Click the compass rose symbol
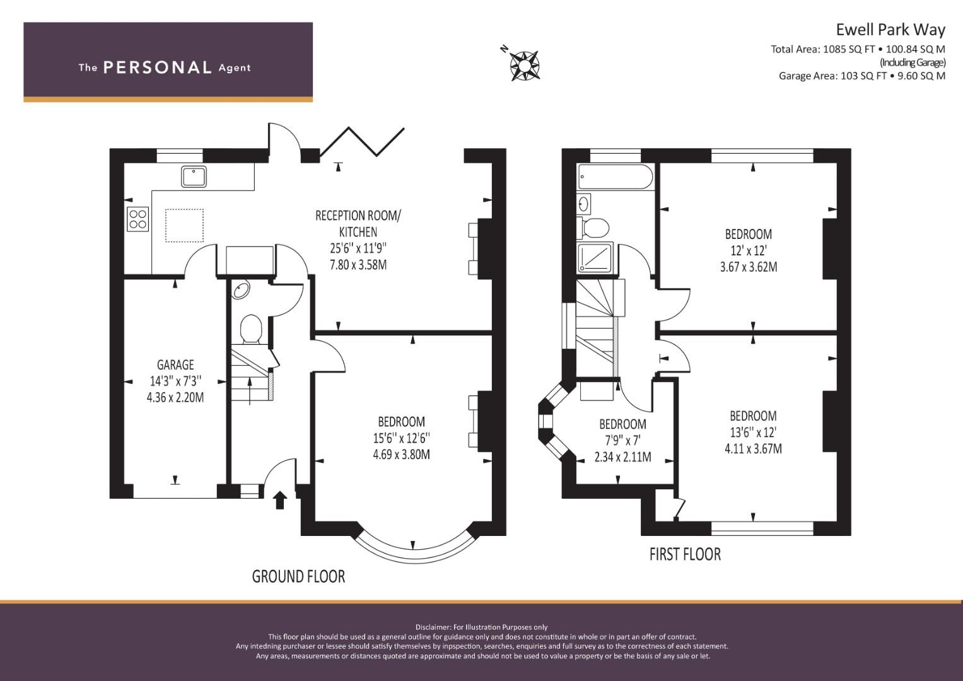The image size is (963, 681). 524,63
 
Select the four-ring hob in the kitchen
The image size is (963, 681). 138,218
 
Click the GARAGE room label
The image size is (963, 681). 175,365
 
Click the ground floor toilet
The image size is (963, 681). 251,329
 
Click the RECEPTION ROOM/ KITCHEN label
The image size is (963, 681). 358,224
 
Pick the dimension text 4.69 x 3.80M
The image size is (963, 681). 401,454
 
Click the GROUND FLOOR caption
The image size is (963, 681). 298,576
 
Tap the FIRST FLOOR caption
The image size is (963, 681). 685,554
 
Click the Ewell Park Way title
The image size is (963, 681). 890,30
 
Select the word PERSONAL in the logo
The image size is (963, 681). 157,67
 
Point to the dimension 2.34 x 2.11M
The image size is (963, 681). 622,457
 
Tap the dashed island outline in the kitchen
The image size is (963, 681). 184,226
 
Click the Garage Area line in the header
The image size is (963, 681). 861,76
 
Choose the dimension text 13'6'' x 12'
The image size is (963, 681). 753,433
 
